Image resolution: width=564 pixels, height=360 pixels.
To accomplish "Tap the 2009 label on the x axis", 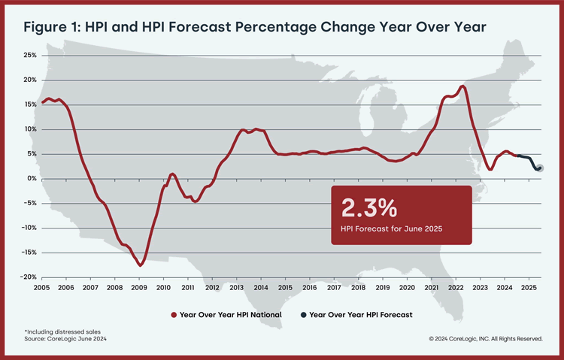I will pos(139,287).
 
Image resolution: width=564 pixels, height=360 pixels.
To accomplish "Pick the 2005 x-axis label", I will pos(42,287).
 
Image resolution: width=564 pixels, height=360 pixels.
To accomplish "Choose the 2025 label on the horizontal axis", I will pos(528,287).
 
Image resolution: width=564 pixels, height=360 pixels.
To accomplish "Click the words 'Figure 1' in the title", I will pos(52,28).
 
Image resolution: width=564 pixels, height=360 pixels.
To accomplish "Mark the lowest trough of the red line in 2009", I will pos(141,265).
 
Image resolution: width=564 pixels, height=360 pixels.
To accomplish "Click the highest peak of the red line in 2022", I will pos(462,86).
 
